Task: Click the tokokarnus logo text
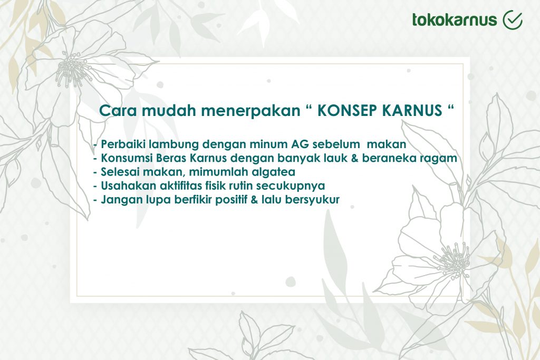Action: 455,20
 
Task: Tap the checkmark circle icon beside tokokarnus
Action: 513,20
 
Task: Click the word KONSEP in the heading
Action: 345,111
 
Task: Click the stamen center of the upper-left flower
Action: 71,71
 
